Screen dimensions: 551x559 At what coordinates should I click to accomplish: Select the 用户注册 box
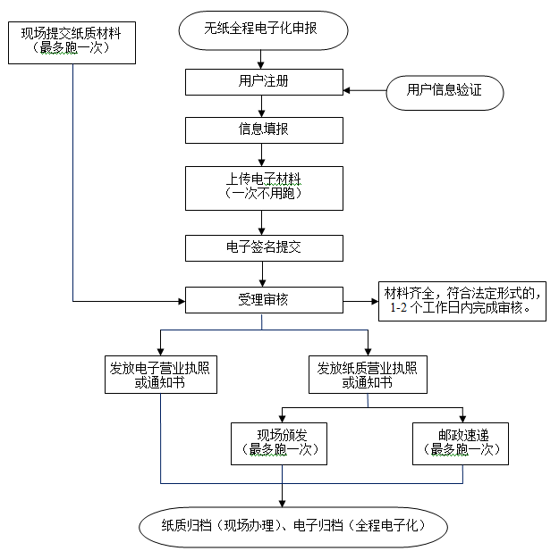click(263, 81)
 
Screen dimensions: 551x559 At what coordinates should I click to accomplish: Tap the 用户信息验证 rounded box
click(445, 91)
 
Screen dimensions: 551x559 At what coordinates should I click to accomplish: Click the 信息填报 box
click(263, 130)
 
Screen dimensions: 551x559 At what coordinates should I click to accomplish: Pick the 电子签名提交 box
click(263, 247)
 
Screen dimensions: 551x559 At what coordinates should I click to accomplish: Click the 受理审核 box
click(263, 300)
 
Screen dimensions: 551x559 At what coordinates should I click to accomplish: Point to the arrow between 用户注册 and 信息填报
click(261, 105)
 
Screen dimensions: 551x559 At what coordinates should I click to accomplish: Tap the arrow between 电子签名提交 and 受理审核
click(261, 273)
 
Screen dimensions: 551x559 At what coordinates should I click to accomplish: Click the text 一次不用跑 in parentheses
click(263, 194)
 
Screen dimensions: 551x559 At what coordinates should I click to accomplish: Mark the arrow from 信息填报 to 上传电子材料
click(261, 154)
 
